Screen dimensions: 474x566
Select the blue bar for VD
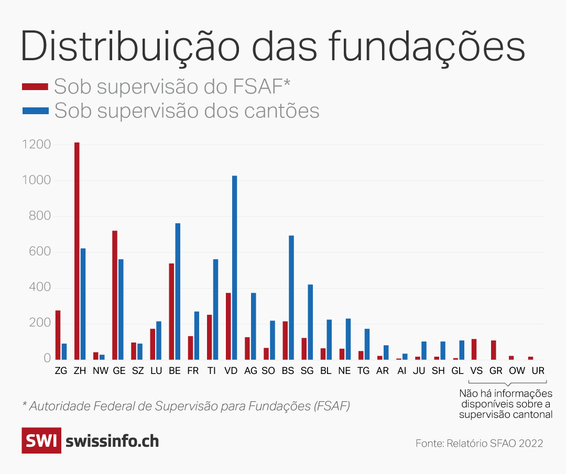(234, 267)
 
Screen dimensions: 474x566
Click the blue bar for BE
(178, 291)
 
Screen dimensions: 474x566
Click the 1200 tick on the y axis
(36, 145)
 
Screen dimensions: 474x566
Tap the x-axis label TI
(211, 370)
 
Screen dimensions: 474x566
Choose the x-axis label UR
(538, 370)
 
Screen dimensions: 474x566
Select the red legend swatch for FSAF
(35, 86)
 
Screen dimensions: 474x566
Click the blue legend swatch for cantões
(35, 111)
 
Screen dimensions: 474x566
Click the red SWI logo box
(41, 440)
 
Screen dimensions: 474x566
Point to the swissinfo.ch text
(112, 441)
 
